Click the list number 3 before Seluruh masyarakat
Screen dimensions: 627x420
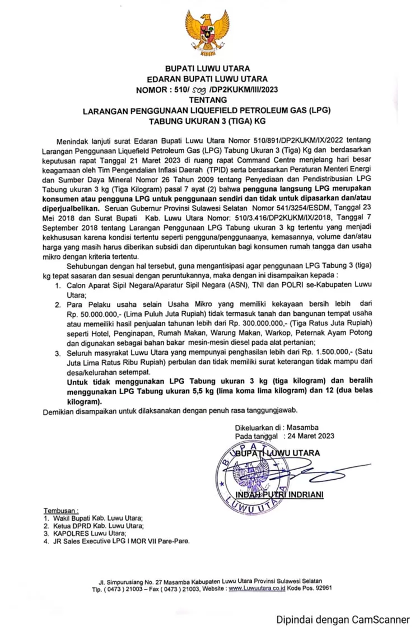[x=57, y=354]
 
